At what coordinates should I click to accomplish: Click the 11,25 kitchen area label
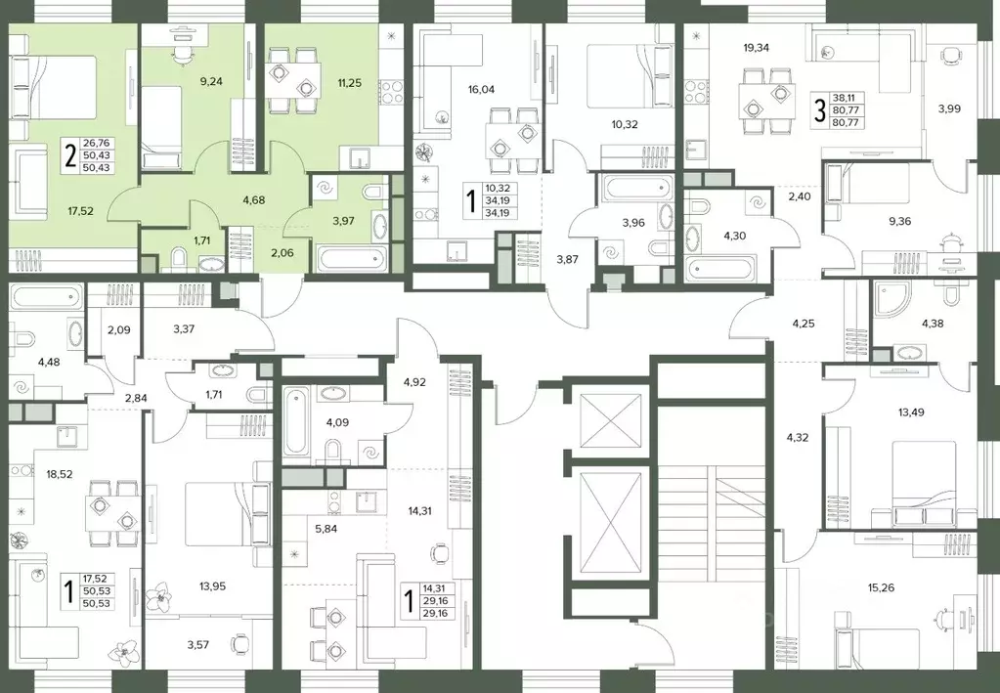point(350,81)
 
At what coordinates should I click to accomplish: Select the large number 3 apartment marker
point(819,110)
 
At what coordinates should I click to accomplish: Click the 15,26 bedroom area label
point(882,587)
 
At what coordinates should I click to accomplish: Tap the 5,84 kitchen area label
point(326,529)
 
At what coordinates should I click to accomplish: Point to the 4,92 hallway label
point(414,382)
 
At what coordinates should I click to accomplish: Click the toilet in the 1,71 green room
point(179,258)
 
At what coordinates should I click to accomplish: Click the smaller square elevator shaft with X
point(611,421)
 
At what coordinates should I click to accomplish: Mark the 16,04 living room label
point(481,89)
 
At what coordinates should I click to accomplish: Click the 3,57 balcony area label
point(197,644)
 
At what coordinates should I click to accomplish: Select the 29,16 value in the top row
point(434,601)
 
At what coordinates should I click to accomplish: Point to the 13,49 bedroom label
point(911,411)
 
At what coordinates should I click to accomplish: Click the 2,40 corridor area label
point(799,196)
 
